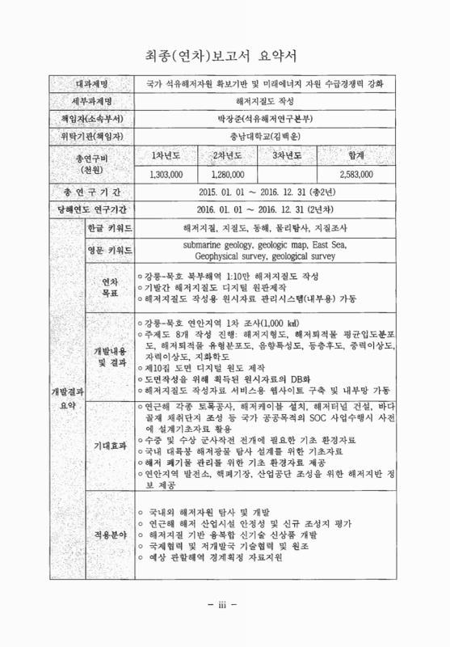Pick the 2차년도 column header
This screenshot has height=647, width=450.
coord(228,154)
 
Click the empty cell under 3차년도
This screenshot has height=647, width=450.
coord(287,173)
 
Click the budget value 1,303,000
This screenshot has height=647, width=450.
coord(167,173)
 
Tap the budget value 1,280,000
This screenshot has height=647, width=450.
coord(228,173)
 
